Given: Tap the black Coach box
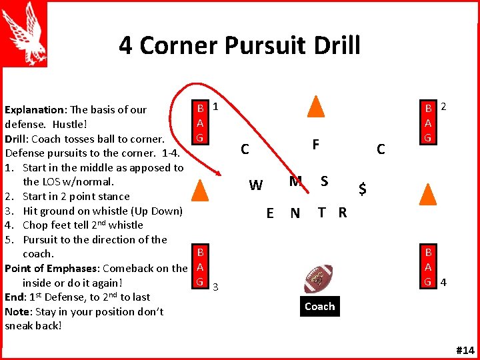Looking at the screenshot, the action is click(x=319, y=307).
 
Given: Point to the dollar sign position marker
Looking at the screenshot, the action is click(x=362, y=189).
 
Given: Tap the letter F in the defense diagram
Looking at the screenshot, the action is click(x=315, y=145).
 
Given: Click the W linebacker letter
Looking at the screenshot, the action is click(x=255, y=185).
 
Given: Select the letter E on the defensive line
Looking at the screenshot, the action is click(x=270, y=213).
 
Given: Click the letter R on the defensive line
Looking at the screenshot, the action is click(x=342, y=213).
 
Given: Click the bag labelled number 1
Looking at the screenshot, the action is click(x=199, y=123).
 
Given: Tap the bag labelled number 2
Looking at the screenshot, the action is click(x=429, y=123).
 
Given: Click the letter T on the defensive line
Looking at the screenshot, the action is click(x=322, y=213).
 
